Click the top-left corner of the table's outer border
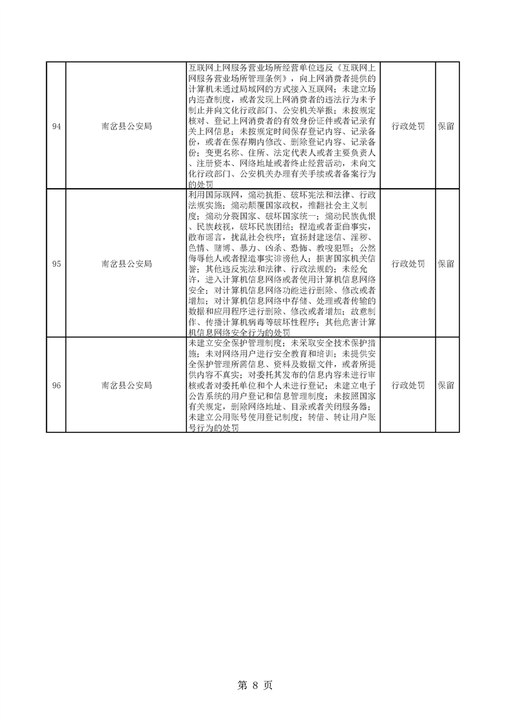(46, 63)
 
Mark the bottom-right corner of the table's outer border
(459, 432)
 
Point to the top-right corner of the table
(459, 63)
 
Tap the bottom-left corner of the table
(46, 432)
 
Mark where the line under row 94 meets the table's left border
(46, 189)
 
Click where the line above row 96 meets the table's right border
(459, 337)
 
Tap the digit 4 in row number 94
(59, 126)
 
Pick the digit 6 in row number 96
(59, 385)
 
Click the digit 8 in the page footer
(255, 686)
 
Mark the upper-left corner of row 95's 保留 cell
(436, 189)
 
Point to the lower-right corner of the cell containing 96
(66, 432)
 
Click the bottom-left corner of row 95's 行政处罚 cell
(380, 337)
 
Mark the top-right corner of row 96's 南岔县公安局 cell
(187, 337)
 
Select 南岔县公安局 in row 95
(126, 264)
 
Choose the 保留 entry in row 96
(446, 385)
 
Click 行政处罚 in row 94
(408, 126)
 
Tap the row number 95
(56, 264)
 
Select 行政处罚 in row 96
(408, 385)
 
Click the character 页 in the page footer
(268, 686)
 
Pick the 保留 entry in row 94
(446, 126)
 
